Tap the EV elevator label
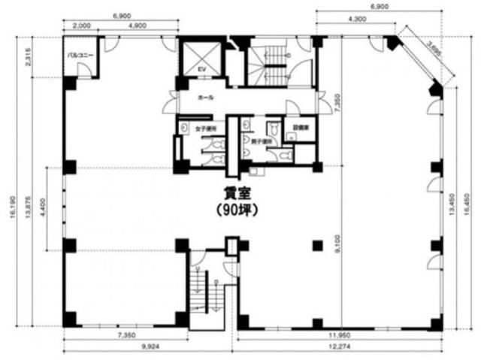(201, 70)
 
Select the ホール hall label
(205, 98)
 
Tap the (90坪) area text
(237, 211)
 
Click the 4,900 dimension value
(138, 25)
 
